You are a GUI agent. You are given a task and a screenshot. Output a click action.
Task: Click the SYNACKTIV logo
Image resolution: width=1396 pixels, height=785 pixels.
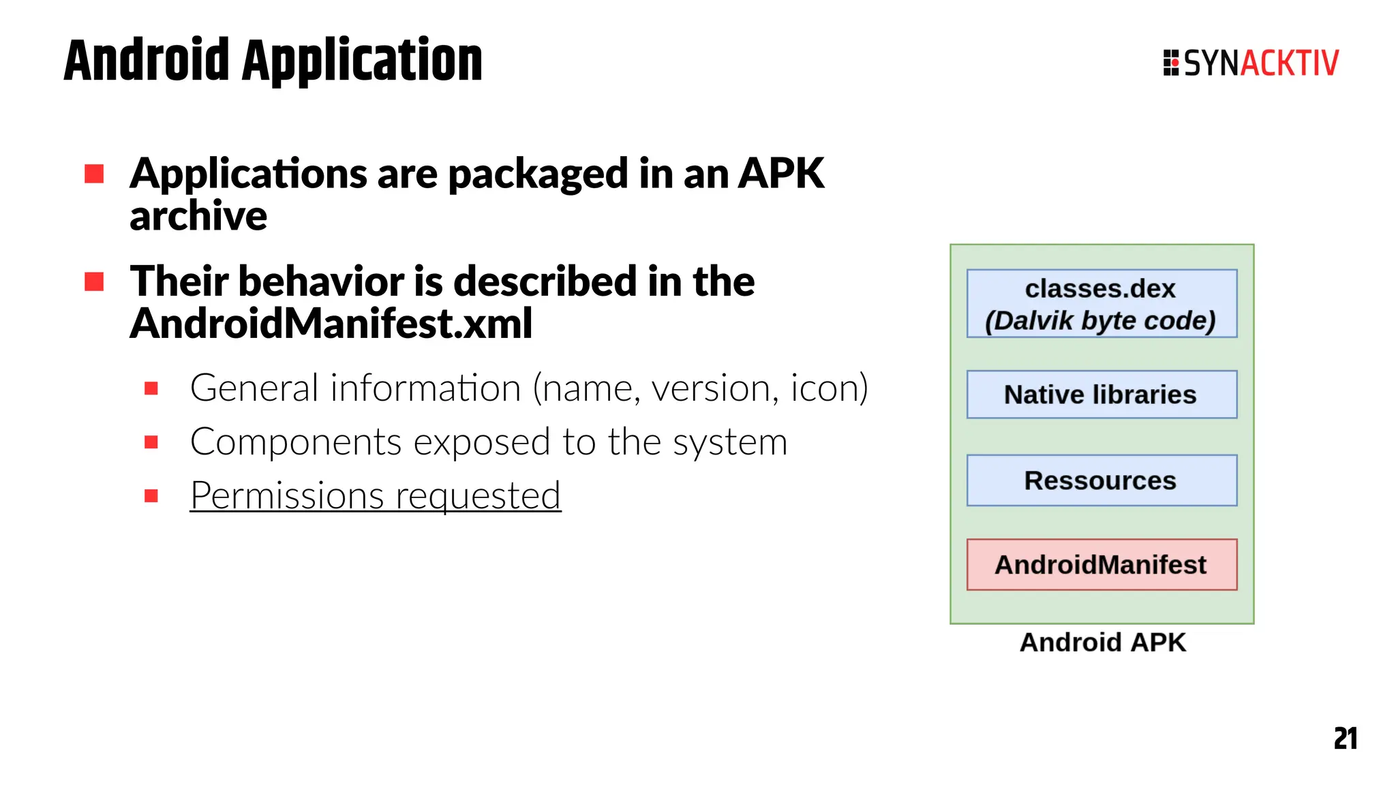click(1251, 63)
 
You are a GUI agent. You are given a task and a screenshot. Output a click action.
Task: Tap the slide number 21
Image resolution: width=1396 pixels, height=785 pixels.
click(1345, 739)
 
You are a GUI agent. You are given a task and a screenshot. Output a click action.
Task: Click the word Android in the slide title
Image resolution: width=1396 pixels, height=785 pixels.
click(147, 61)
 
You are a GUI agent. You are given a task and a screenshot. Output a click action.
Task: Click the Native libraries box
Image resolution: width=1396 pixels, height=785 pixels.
click(1101, 395)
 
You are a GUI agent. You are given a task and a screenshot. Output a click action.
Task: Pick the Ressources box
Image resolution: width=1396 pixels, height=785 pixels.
click(1101, 480)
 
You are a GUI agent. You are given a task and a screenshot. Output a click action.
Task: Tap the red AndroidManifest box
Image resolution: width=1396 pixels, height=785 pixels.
click(1101, 565)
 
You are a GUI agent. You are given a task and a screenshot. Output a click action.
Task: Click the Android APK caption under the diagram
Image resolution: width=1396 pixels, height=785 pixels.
click(1102, 643)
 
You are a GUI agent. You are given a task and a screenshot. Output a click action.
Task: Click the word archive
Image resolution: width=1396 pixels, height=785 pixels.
click(198, 217)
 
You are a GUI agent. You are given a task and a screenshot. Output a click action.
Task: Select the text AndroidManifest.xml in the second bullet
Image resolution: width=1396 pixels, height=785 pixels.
click(331, 324)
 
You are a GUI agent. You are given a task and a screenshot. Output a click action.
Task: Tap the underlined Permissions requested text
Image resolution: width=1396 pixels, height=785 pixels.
click(375, 495)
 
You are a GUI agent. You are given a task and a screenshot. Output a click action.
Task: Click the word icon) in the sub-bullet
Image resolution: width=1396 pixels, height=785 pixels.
click(829, 388)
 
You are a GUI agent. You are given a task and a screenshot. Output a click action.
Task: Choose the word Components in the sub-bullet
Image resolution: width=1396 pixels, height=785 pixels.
click(295, 442)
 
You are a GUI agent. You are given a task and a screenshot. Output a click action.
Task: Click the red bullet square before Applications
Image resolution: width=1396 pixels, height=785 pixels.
click(94, 174)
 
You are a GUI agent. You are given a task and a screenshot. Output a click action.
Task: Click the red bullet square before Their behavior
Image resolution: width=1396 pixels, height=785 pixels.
click(94, 281)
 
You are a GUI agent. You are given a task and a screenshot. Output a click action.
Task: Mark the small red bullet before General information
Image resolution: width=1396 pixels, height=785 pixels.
click(151, 389)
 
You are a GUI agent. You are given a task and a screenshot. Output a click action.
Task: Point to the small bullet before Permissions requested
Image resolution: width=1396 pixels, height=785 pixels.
click(151, 496)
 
